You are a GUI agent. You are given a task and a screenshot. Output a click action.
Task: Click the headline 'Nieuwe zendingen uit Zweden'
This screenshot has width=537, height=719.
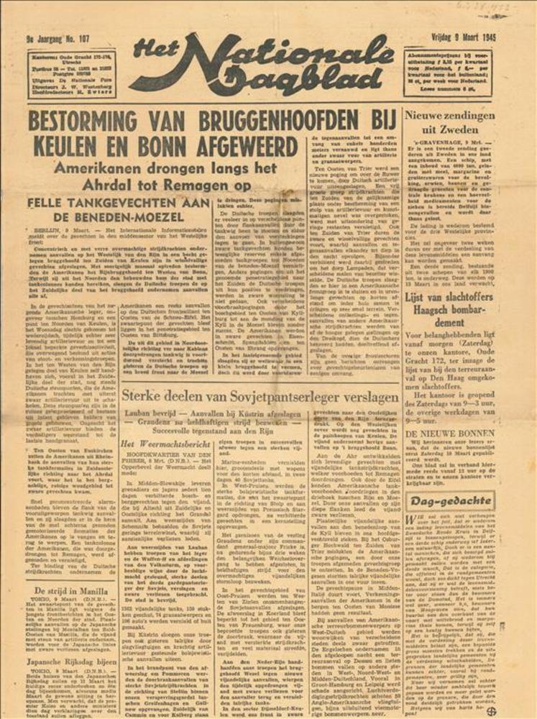449,122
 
